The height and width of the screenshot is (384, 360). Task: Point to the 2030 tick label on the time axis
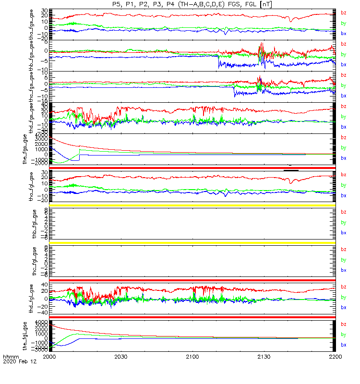[x=121, y=357]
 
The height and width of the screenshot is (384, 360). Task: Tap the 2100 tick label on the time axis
[x=192, y=357]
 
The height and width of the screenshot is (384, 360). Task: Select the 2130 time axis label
[x=264, y=357]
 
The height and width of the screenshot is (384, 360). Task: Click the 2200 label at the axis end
[x=335, y=357]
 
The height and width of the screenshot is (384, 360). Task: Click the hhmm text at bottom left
[x=11, y=357]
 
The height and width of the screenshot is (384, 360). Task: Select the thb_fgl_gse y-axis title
[x=34, y=224]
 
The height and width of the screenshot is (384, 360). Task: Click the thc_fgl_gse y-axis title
[x=34, y=262]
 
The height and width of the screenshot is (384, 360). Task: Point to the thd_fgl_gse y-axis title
[x=34, y=299]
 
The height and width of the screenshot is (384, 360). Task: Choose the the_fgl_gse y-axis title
[x=34, y=336]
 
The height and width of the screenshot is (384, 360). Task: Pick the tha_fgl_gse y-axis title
[x=34, y=187]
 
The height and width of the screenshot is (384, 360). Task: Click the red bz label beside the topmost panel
[x=343, y=13]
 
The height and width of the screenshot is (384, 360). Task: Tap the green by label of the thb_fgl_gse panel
[x=343, y=223]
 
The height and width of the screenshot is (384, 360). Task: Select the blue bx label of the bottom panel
[x=343, y=345]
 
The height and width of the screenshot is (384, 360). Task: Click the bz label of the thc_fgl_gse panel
[x=343, y=250]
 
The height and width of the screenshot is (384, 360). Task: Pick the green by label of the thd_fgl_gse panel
[x=343, y=298]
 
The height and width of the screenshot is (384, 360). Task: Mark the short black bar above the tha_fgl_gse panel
[x=291, y=170]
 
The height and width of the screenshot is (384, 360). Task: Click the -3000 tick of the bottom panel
[x=41, y=350]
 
